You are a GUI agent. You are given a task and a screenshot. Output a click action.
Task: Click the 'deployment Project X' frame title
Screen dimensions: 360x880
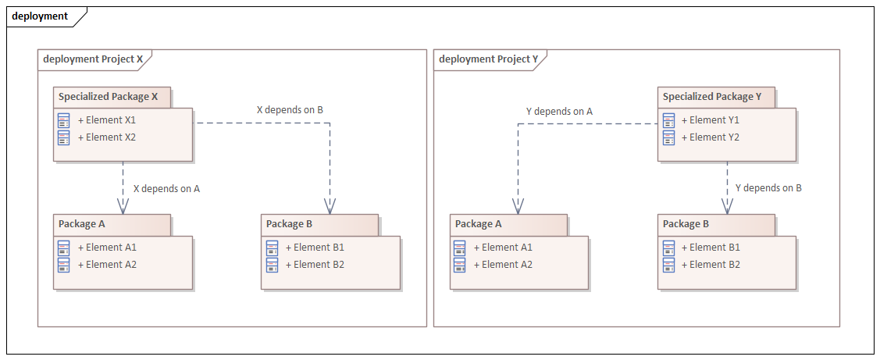(93, 59)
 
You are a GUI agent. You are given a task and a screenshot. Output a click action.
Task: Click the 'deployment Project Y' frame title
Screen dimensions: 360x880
(489, 59)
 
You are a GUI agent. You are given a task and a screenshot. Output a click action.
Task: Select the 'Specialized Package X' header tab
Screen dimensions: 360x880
(109, 97)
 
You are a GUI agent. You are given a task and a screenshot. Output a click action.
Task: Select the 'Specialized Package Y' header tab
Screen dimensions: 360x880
(712, 97)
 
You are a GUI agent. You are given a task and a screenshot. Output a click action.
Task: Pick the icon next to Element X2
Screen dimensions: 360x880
(64, 137)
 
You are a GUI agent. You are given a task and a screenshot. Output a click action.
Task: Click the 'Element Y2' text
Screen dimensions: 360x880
(711, 137)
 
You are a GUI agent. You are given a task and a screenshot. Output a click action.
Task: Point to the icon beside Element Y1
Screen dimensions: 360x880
(668, 120)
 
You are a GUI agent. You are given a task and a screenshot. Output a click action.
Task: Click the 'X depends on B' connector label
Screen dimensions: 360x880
(290, 109)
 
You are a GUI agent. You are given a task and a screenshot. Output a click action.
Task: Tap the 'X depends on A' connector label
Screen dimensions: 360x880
(166, 188)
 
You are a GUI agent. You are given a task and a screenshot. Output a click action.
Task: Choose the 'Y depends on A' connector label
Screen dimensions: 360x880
(559, 111)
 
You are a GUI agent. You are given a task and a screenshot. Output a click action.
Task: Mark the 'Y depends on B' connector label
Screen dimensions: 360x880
(768, 187)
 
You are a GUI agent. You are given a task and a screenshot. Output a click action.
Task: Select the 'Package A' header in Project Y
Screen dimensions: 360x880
(479, 224)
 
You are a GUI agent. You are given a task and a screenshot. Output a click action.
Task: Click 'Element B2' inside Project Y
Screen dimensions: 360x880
(711, 265)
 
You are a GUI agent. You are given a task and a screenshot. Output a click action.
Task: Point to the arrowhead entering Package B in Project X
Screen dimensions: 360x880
(330, 206)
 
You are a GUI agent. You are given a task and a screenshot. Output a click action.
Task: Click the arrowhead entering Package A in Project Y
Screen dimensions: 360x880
(517, 206)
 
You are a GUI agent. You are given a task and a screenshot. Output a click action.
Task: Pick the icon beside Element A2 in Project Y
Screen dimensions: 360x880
(460, 265)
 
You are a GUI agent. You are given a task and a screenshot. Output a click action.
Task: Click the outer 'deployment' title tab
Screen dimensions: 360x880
(40, 16)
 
